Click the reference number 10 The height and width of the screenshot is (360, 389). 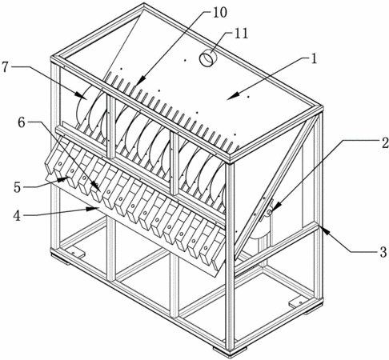coord(219,12)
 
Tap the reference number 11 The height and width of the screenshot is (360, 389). coord(240,34)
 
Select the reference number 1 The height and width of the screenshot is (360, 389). coord(314,58)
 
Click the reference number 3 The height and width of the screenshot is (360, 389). coord(383,252)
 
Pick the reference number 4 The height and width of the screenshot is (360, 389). coord(17,215)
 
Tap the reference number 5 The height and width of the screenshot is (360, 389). coord(17,187)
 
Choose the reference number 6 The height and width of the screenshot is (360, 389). coord(22,122)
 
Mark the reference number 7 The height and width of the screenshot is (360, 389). coord(6,66)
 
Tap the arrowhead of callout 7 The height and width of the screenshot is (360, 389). coord(81,96)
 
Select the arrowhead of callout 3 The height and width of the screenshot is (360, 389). coord(323,230)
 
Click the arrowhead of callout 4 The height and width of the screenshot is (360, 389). coord(94,209)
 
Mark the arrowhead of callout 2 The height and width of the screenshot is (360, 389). coord(273,209)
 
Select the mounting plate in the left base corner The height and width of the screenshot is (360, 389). coord(75,254)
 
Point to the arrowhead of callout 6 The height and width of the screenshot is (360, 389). coord(97,186)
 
